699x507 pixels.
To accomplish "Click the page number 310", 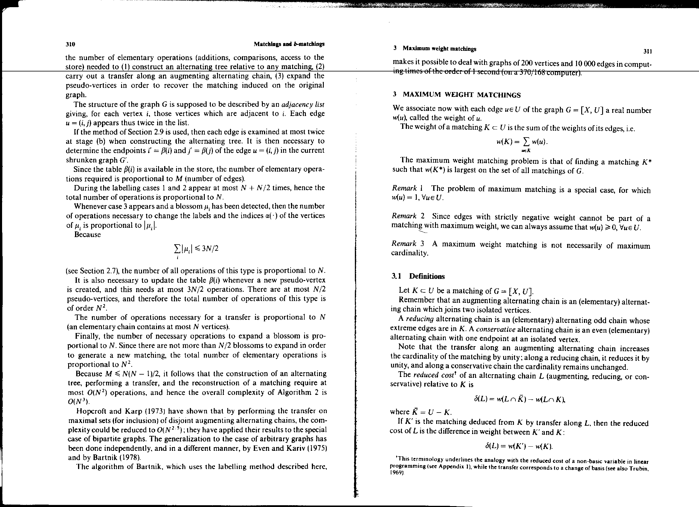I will coord(71,44).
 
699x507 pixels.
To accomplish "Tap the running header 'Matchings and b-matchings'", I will coord(289,44).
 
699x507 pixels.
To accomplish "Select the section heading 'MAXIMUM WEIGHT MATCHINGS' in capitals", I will coord(462,95).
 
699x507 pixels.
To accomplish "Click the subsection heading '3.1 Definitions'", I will coord(418,276).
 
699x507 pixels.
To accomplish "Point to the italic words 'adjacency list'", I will coord(303,104).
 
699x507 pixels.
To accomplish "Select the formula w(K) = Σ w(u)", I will coord(522,142).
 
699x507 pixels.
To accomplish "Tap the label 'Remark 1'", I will coord(407,188).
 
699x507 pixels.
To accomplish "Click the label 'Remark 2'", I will coord(408,216).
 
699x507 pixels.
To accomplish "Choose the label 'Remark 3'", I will coord(408,243).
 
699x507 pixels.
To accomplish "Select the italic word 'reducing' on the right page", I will coord(420,319).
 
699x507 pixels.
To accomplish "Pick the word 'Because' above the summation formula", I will coord(88,235).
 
